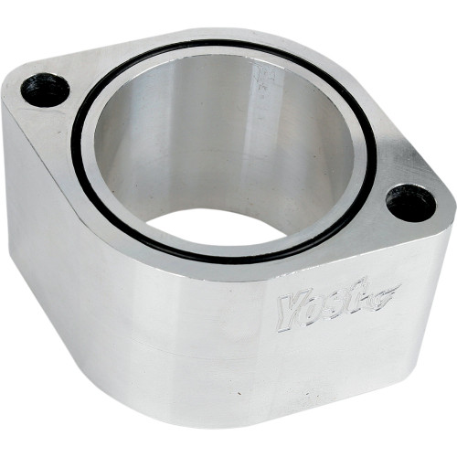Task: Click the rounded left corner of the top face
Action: tap(14, 87)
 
